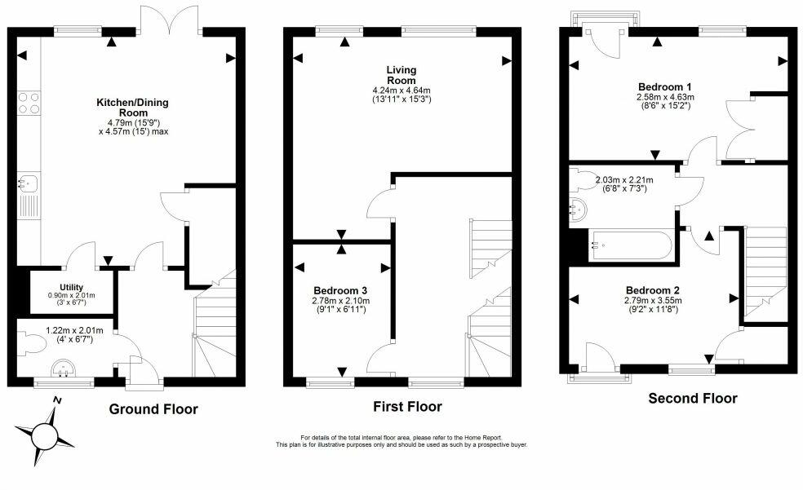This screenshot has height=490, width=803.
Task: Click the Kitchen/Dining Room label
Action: (x=133, y=108)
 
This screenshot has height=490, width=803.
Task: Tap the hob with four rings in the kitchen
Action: (x=29, y=103)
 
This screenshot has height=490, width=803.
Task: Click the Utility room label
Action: (x=71, y=288)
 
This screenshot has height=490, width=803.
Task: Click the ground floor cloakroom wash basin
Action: (x=64, y=369)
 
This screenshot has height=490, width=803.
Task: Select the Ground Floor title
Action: (x=153, y=409)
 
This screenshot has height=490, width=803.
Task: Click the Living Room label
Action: (x=401, y=75)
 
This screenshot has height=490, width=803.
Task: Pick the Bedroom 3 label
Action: (x=340, y=291)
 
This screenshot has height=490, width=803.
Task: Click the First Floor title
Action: (x=408, y=407)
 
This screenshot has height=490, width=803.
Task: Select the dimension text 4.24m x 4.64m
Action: (x=401, y=90)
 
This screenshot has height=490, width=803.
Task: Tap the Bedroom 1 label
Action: (x=665, y=86)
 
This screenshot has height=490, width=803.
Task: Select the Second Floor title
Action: (x=693, y=399)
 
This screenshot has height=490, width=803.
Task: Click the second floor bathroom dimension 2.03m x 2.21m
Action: (x=624, y=180)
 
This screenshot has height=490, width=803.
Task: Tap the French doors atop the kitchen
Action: (x=171, y=19)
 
